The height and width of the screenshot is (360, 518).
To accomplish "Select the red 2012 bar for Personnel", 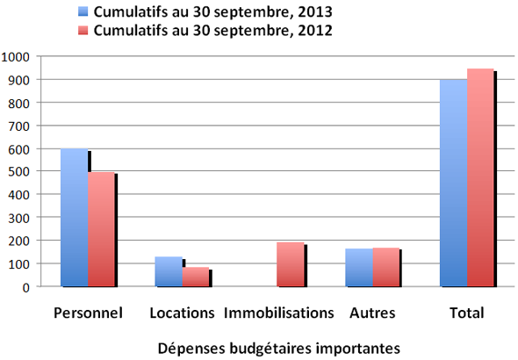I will click(101, 229).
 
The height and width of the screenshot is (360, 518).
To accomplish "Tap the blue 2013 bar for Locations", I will click(169, 271).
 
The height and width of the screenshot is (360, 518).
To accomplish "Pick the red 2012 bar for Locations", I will click(195, 277).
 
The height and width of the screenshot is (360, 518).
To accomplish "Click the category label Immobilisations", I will click(279, 313).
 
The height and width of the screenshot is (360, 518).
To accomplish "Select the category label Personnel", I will click(88, 313).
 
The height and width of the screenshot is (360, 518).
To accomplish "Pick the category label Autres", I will click(372, 313).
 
